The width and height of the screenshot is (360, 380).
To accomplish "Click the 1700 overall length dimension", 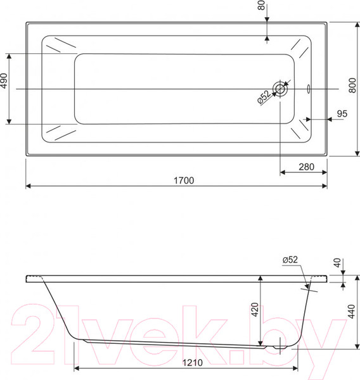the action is (x=184, y=180).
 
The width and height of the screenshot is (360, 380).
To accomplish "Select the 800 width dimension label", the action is (x=352, y=85).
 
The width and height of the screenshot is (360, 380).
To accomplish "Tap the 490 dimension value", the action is (x=4, y=80).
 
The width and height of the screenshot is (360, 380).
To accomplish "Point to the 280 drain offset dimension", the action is (x=306, y=167).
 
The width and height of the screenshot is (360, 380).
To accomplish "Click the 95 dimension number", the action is (x=342, y=113).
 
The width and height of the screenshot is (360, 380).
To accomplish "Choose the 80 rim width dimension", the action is (x=261, y=5).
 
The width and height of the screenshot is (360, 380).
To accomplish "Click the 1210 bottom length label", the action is (x=193, y=362).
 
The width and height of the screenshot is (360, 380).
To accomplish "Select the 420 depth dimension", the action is (x=255, y=310).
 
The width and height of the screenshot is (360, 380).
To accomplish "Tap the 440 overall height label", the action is (x=351, y=312).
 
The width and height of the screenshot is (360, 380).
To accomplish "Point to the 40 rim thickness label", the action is (x=337, y=263).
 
